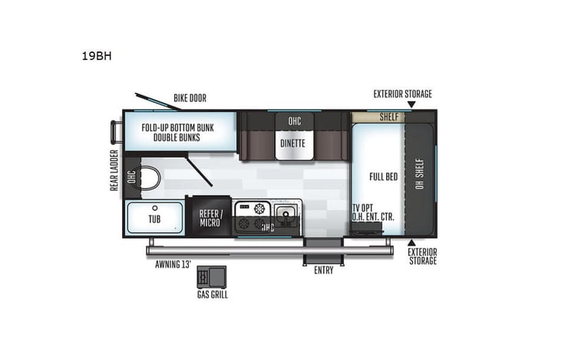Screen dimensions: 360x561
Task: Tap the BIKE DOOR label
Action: pos(190,98)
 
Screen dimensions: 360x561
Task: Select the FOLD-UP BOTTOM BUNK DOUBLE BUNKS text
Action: pos(177,132)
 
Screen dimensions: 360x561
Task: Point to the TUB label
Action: pos(155,218)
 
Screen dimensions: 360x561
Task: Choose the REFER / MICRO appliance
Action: pos(210,218)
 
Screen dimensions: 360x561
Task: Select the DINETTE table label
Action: pos(292,143)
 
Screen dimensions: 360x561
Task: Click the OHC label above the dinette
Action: pos(295,121)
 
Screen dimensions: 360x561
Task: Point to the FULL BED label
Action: pos(383,177)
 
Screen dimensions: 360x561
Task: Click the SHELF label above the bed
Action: pos(390,117)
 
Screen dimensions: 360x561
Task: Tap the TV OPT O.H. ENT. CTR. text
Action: pos(373,213)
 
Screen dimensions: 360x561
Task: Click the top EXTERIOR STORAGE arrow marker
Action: pos(411,104)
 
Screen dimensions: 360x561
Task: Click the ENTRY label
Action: pos(324,271)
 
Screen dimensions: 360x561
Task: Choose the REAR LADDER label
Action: pos(114,170)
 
